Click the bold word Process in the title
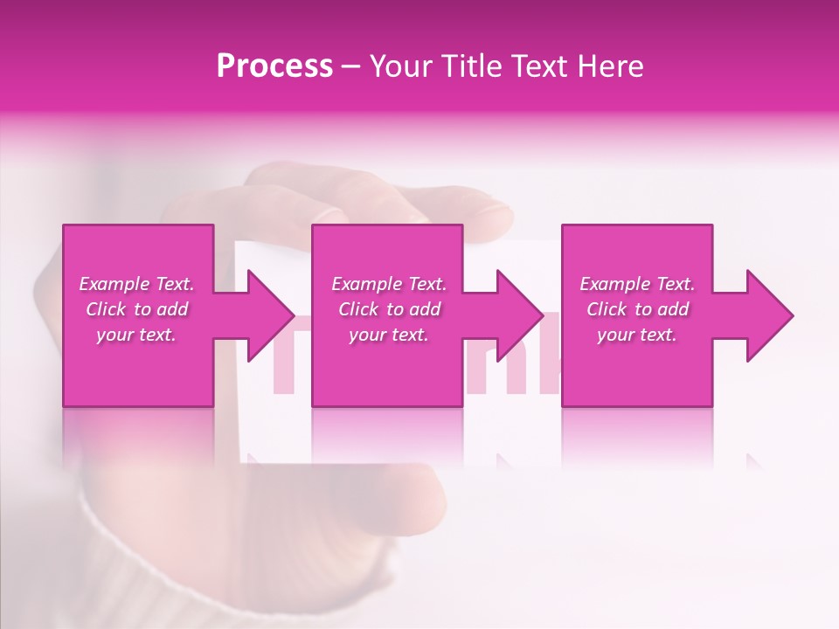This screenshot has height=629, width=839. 274,66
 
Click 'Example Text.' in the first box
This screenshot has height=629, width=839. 136,284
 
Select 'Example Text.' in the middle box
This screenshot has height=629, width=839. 389,284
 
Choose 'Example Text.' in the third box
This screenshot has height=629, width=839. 637,284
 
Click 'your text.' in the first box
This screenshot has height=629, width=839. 136,335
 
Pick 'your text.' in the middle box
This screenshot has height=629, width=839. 389,335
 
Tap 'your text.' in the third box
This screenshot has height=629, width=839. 637,335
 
